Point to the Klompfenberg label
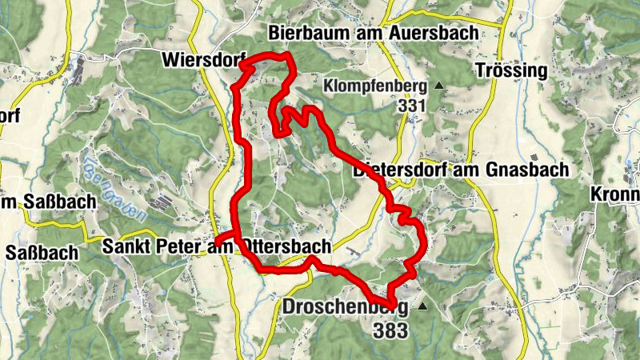click(x=374, y=85)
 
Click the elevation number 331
click(x=409, y=105)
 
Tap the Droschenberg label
click(x=345, y=306)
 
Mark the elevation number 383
click(x=390, y=328)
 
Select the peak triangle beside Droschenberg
click(x=422, y=306)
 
